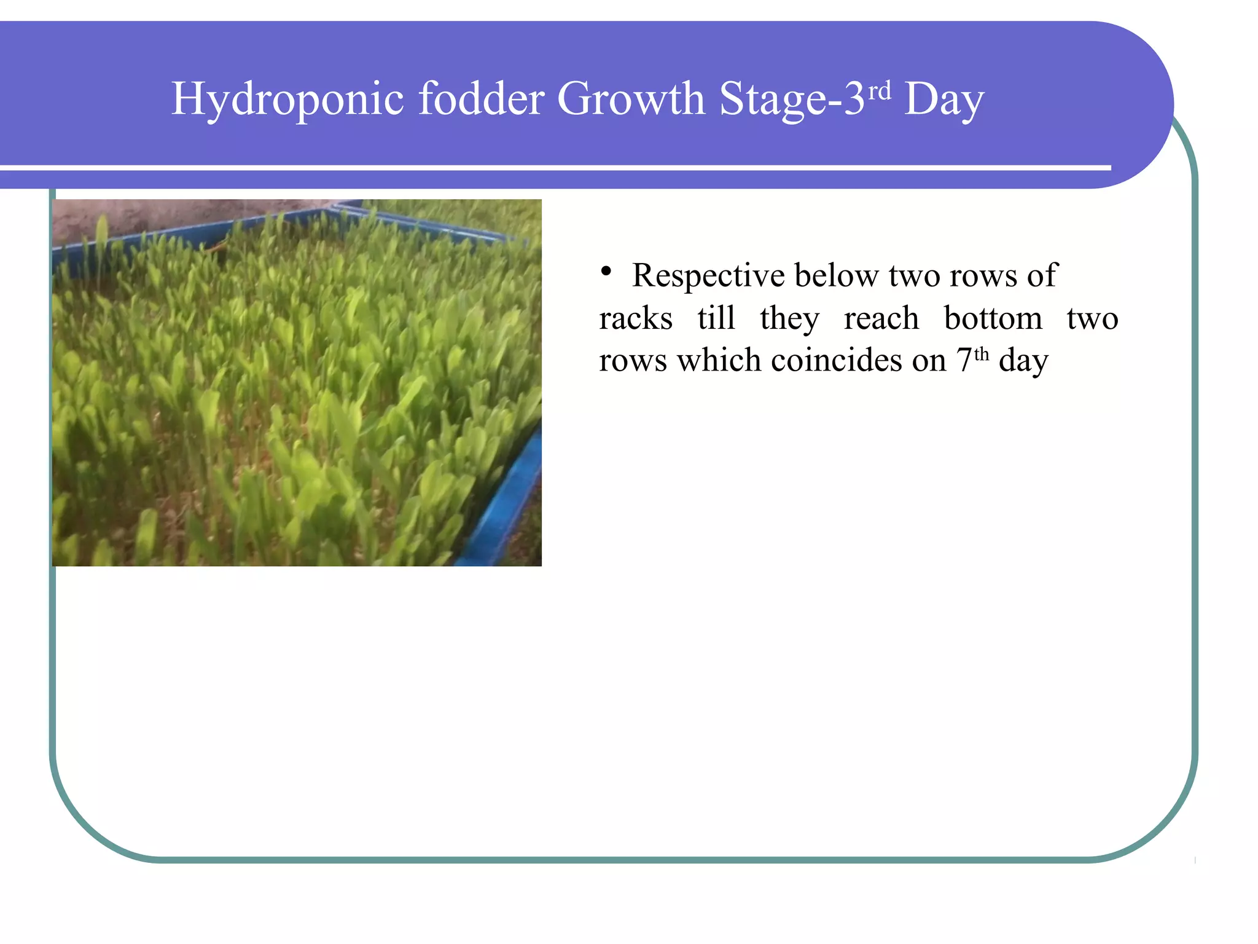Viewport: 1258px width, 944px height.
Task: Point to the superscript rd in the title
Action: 880,92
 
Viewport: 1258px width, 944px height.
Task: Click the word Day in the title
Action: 944,100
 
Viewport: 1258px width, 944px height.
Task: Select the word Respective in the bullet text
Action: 708,275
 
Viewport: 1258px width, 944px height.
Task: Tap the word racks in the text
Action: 636,318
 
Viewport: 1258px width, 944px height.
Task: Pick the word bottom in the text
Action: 993,318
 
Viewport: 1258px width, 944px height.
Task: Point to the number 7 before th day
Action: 964,360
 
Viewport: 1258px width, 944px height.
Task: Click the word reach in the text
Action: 881,318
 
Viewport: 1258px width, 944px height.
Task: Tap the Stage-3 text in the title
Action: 792,100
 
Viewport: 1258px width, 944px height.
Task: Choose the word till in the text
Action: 716,318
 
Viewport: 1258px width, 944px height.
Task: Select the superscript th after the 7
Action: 982,354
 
